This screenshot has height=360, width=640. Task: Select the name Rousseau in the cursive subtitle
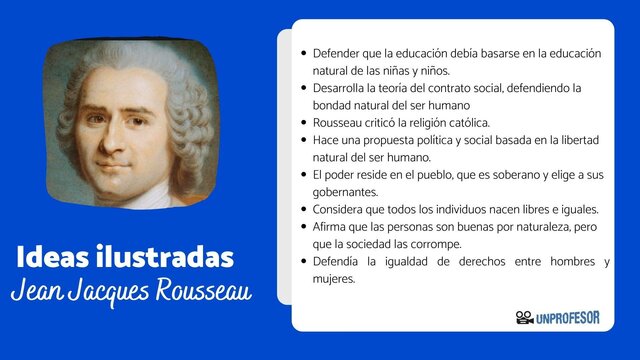coord(200,292)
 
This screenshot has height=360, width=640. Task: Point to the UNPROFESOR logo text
coord(568,318)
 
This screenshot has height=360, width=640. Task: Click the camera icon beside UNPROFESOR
coord(524,318)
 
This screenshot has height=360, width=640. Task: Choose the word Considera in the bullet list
coord(342,209)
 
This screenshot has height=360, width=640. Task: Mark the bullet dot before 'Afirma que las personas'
coord(304,227)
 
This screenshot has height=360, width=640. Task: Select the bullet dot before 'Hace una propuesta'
coord(304,140)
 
